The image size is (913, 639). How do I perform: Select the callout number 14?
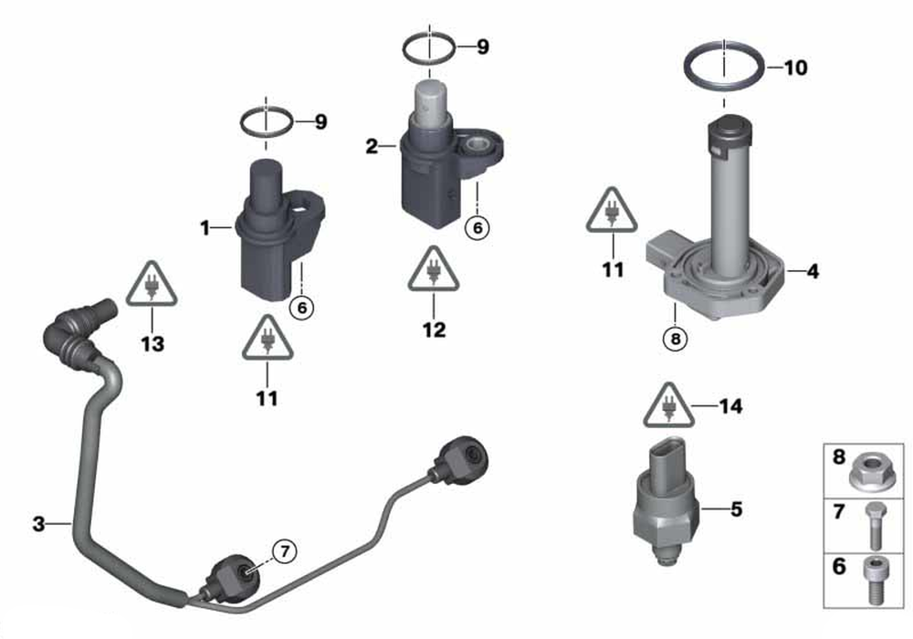click(x=730, y=405)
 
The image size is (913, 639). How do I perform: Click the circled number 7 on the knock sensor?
click(x=285, y=550)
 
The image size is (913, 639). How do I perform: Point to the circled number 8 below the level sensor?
click(x=676, y=338)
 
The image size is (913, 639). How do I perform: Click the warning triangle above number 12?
click(x=434, y=269)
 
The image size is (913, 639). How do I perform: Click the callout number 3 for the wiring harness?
click(x=38, y=524)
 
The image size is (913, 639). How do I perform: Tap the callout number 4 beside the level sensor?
click(x=813, y=270)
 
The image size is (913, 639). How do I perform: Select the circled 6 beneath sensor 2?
click(x=477, y=227)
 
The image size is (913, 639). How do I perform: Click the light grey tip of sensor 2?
click(x=431, y=100)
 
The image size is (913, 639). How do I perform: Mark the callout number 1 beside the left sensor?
click(x=205, y=227)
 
